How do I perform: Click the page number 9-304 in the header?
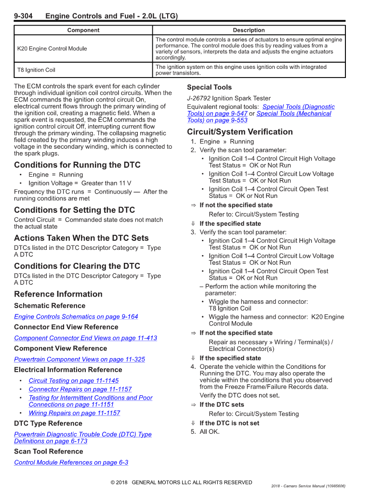tap(23, 16)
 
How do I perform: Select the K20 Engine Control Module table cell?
tap(52, 49)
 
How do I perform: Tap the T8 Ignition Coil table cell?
tap(36, 70)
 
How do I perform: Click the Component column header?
tap(83, 30)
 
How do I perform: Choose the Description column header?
tap(249, 30)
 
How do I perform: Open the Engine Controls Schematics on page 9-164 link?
tap(76, 317)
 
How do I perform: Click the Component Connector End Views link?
tap(85, 338)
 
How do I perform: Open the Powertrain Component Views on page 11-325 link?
tap(79, 360)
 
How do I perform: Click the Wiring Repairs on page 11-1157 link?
tap(74, 413)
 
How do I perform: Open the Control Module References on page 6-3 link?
tap(71, 463)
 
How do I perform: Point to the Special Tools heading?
tap(209, 88)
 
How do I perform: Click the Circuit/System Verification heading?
tap(239, 132)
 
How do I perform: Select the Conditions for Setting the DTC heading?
tap(74, 210)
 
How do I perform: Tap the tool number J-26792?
tap(198, 99)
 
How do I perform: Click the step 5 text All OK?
tap(209, 431)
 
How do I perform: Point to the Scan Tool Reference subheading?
tap(48, 452)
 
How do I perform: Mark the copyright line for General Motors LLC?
tap(181, 482)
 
